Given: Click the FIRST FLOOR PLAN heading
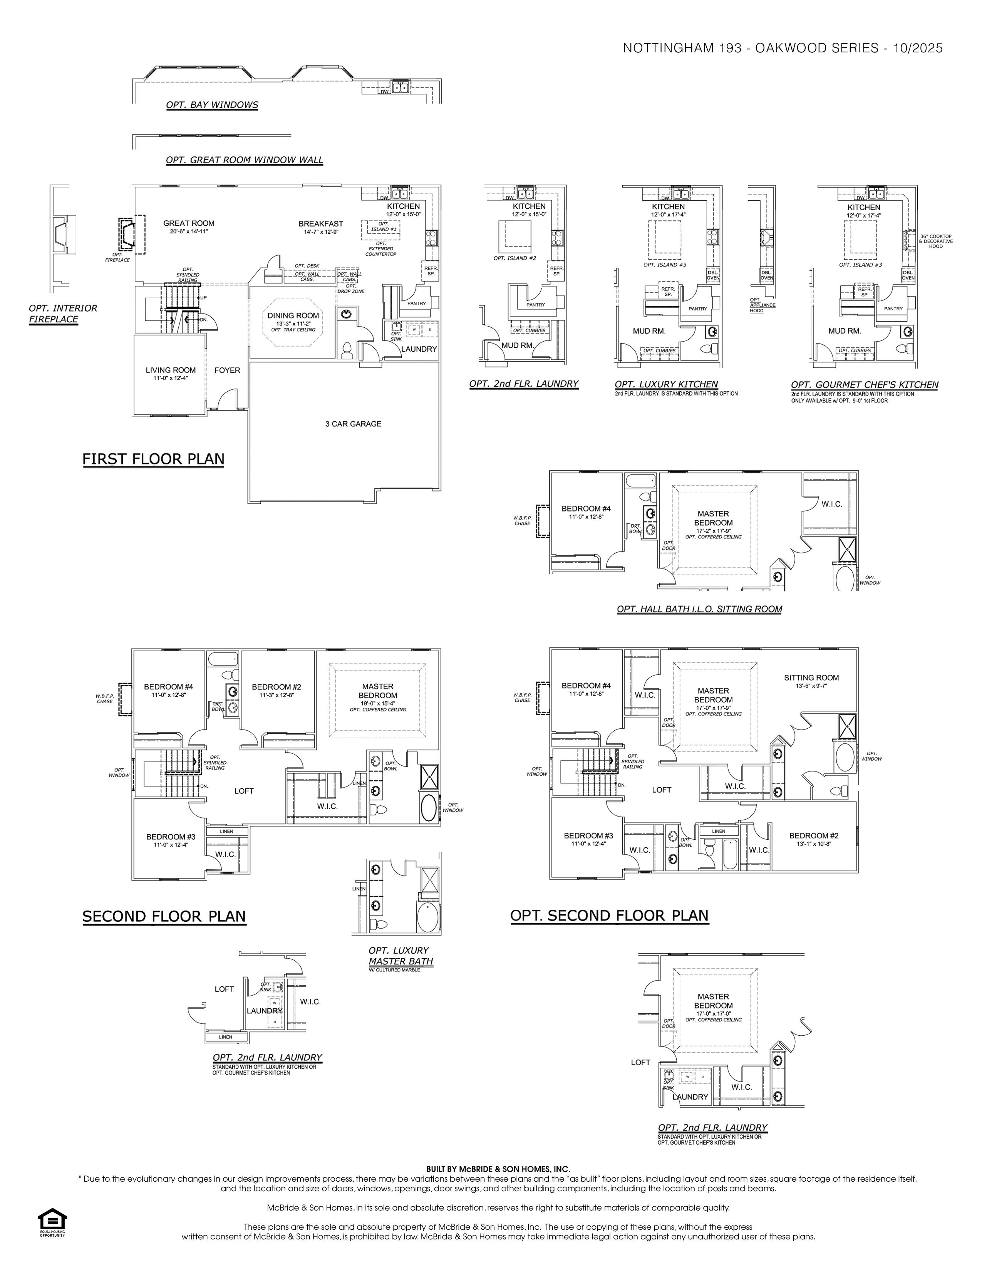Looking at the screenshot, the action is (153, 459).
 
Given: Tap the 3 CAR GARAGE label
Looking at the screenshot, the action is (353, 424).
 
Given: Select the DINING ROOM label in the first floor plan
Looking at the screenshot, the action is (293, 315).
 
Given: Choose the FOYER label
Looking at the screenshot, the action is (227, 370).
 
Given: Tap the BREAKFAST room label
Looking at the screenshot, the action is (320, 223).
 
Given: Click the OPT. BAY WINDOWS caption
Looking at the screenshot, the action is (212, 105).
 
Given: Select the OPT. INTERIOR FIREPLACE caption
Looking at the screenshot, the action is (63, 314).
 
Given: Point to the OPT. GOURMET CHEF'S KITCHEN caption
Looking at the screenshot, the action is (865, 385).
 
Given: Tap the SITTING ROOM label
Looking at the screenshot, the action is (811, 677).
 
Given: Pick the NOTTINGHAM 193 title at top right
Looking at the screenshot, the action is (783, 48).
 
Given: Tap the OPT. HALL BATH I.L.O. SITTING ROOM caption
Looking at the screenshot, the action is (699, 609).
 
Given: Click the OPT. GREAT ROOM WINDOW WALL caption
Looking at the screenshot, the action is (244, 160).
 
